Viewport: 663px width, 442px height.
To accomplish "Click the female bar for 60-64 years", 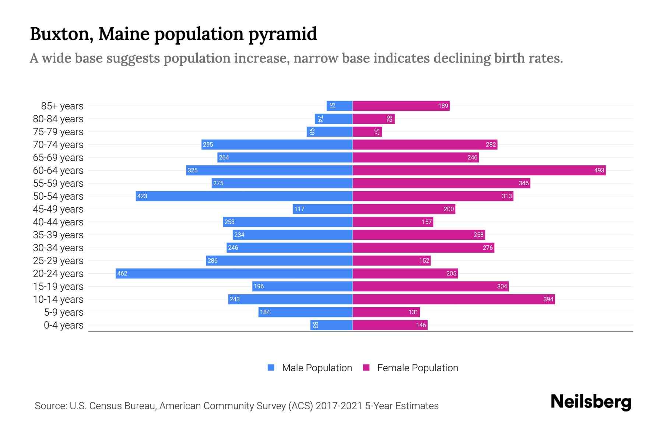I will (x=479, y=170).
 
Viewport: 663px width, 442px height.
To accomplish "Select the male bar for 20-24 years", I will (x=234, y=273).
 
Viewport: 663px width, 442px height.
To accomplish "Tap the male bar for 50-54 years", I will (x=244, y=196).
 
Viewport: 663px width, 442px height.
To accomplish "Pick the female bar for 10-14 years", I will (x=454, y=299).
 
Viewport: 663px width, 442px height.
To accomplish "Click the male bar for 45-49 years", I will (x=323, y=209).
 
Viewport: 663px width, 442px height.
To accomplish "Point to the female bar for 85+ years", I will (x=401, y=106).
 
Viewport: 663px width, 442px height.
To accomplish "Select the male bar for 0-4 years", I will (x=331, y=325).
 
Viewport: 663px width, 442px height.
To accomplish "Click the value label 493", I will (x=599, y=170).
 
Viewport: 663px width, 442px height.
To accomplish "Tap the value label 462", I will (x=122, y=273).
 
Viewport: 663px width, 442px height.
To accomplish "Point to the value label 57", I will (x=376, y=131).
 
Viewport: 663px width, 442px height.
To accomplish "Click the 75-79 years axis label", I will (x=58, y=131).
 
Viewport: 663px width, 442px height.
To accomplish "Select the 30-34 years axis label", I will (x=58, y=248).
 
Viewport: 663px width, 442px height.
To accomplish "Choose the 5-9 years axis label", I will (x=64, y=312).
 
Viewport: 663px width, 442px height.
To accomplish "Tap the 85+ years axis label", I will (x=62, y=106).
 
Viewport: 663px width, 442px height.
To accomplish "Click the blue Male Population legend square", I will (x=271, y=368).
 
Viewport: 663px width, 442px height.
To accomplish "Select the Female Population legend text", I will (x=417, y=368).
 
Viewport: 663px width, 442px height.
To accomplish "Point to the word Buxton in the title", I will (x=59, y=34).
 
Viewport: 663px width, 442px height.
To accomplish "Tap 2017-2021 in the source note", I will (x=339, y=406).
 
